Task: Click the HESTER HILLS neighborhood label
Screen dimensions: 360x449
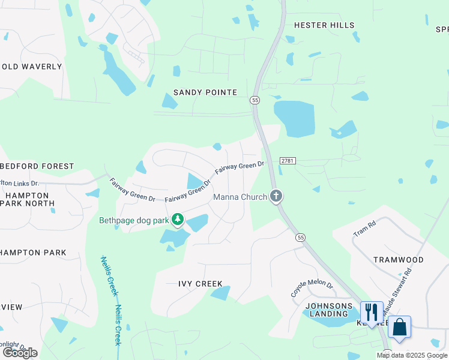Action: [324, 25]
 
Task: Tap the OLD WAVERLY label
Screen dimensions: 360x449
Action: [32, 67]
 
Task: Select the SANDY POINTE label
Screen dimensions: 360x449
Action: [205, 92]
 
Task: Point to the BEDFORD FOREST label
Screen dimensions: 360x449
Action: [37, 166]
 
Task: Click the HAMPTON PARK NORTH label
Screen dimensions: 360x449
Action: [29, 199]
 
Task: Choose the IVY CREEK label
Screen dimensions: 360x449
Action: [200, 284]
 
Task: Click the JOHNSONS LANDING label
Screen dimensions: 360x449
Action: [328, 309]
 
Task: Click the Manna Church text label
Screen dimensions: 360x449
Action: [240, 197]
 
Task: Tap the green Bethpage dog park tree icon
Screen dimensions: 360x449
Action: [178, 220]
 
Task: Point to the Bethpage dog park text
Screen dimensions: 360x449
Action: [134, 220]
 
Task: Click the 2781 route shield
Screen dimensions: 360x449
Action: [286, 161]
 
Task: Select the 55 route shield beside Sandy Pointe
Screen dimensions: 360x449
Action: [256, 100]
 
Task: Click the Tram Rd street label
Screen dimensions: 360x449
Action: [364, 228]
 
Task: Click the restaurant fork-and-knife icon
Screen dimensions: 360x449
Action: [371, 312]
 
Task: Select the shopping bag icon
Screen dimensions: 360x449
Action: [399, 327]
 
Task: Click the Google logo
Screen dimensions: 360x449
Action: [20, 353]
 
